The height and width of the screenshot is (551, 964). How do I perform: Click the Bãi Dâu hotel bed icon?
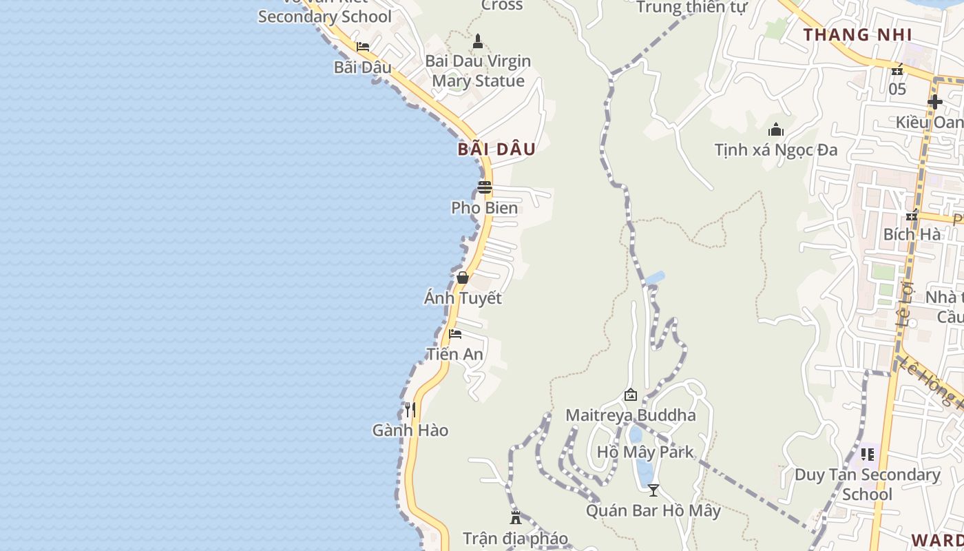(x=363, y=47)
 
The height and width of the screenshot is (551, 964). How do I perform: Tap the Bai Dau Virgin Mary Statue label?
(x=478, y=71)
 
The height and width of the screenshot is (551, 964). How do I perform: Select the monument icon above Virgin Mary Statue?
(x=478, y=42)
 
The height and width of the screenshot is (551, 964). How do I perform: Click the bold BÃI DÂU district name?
(x=496, y=149)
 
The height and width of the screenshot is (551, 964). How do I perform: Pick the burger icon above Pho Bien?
(x=485, y=187)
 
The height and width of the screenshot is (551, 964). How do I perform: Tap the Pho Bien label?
(x=485, y=208)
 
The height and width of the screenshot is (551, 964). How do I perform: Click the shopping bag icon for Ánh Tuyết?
(x=463, y=278)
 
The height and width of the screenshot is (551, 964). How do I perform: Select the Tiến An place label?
(x=454, y=354)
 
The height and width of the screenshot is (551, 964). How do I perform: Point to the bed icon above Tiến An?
(x=455, y=334)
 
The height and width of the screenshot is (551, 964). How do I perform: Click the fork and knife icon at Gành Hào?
(x=410, y=410)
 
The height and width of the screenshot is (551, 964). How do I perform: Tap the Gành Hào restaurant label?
(x=410, y=430)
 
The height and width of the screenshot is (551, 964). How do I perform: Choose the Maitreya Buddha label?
(x=631, y=415)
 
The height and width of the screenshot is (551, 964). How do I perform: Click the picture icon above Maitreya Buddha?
(x=630, y=395)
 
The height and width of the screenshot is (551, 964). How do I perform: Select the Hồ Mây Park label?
(x=646, y=453)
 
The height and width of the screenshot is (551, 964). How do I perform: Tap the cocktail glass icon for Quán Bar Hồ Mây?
(x=653, y=490)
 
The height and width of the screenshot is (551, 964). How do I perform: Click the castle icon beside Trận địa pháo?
(x=516, y=518)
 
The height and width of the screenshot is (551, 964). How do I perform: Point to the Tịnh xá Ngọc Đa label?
(x=776, y=149)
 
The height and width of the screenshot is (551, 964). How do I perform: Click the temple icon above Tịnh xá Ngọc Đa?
(x=776, y=129)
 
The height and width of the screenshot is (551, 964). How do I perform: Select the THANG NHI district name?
(x=857, y=34)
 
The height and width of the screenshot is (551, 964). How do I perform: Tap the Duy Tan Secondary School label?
(x=868, y=484)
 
